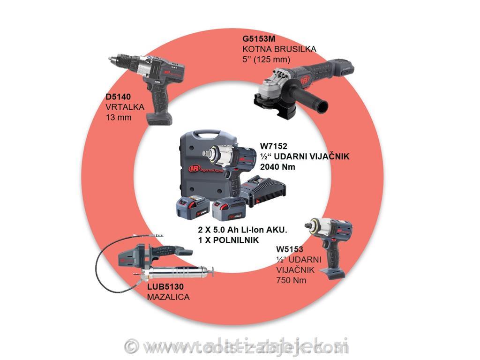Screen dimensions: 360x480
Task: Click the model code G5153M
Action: point(259,39)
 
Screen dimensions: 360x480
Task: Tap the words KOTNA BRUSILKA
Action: point(279,49)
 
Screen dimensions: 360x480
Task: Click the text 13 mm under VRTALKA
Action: point(119,118)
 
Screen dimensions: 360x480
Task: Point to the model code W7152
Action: point(273,146)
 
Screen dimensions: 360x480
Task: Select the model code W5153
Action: point(289,249)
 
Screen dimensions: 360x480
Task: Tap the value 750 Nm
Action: point(291,280)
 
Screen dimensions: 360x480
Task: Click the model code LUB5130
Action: point(165,287)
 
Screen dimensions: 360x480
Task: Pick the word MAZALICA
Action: point(168,297)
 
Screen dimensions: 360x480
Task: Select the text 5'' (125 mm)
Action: point(266,60)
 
